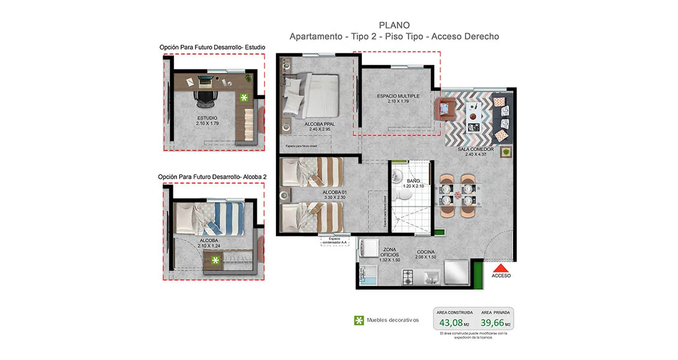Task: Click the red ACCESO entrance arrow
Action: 501,268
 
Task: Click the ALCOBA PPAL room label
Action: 319,125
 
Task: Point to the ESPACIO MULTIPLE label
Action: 398,96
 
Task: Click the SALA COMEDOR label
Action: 475,149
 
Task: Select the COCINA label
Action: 425,252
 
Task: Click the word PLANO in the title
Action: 394,25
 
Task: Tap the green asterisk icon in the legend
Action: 359,320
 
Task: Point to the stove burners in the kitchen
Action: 408,277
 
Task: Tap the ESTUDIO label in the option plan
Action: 207,118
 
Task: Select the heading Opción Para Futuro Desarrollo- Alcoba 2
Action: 212,177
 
